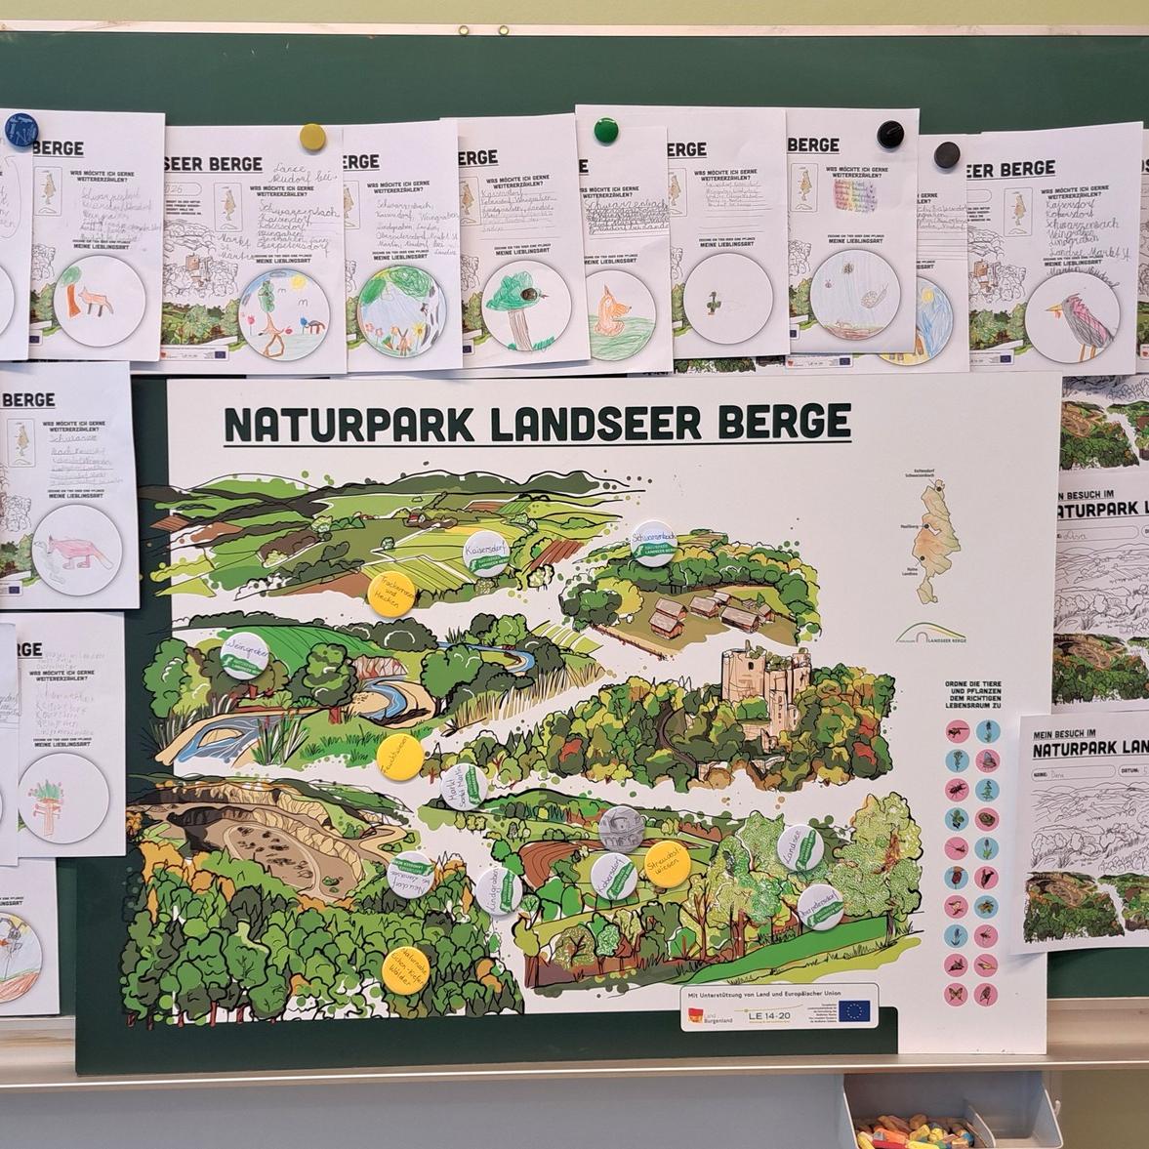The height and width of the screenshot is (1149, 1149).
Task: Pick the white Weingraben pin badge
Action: (244, 655)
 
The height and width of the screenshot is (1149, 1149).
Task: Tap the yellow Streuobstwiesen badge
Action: (668, 864)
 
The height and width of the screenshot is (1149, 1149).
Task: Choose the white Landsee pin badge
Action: (800, 847)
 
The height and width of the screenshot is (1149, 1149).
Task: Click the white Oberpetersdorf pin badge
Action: (820, 907)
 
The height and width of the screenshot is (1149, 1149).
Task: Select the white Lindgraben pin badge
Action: (499, 890)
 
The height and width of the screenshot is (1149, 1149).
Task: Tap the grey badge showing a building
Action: (621, 828)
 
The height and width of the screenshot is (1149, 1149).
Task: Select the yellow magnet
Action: (312, 136)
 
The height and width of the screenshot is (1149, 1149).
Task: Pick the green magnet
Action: (605, 129)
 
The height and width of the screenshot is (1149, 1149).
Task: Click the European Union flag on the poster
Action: (856, 1009)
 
